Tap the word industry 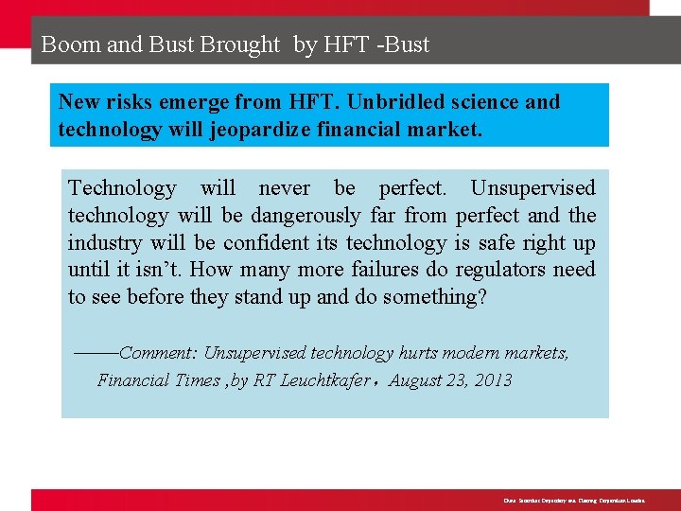click(x=105, y=242)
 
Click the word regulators click(x=502, y=270)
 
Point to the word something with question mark click(x=432, y=297)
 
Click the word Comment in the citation click(x=157, y=353)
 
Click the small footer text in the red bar click(x=567, y=500)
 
